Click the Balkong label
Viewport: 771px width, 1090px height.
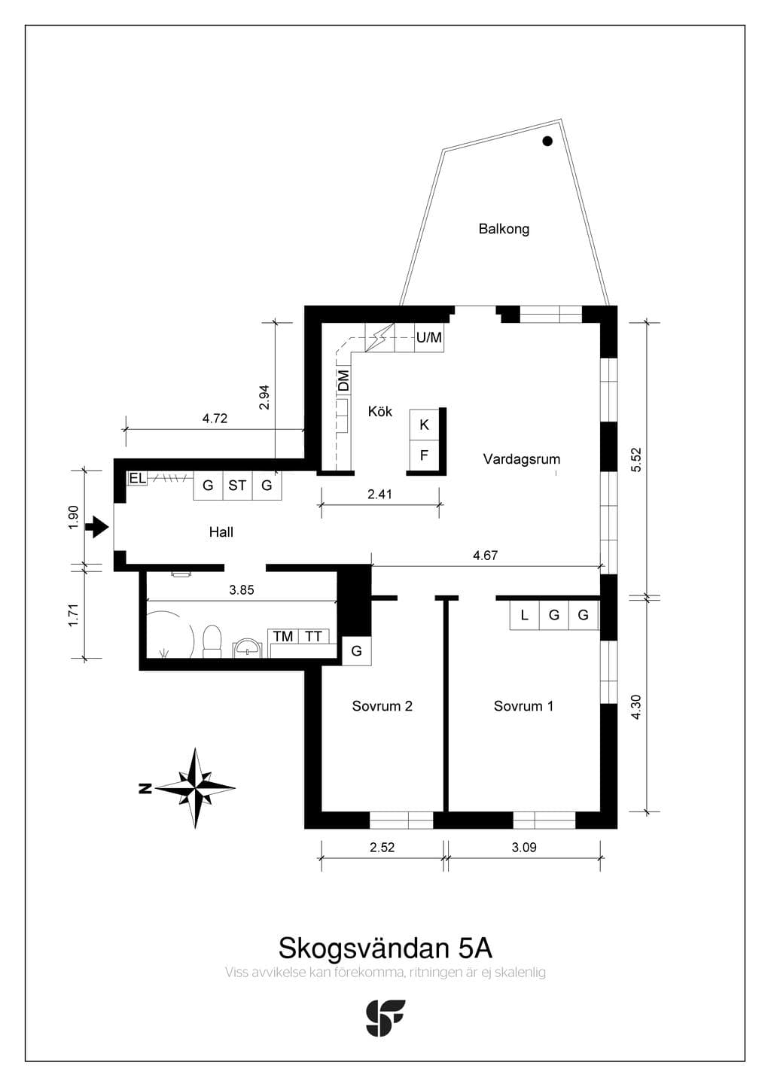[x=504, y=229]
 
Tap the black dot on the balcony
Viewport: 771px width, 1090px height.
[x=547, y=141]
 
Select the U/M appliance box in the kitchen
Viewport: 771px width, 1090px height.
[x=429, y=337]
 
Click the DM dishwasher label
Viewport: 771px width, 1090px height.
[x=343, y=380]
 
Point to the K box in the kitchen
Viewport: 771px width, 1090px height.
[x=424, y=425]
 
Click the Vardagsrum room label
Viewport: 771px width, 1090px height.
[x=521, y=459]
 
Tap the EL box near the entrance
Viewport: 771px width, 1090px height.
[x=137, y=479]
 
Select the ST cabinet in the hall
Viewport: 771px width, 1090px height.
[x=237, y=486]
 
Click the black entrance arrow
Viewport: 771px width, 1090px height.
[x=97, y=527]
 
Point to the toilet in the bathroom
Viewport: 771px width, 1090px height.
[x=212, y=641]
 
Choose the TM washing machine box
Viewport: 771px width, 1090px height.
[x=283, y=636]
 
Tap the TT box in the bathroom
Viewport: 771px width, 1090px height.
[x=314, y=636]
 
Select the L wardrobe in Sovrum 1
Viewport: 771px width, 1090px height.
[x=524, y=616]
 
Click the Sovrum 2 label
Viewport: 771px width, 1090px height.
[x=382, y=706]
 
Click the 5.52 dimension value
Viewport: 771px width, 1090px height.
[x=637, y=460]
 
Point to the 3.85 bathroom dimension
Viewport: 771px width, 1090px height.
[x=242, y=590]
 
